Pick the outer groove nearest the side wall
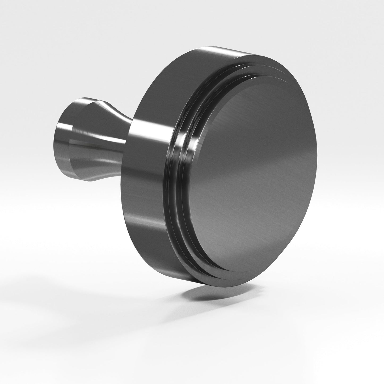click(x=173, y=170)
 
